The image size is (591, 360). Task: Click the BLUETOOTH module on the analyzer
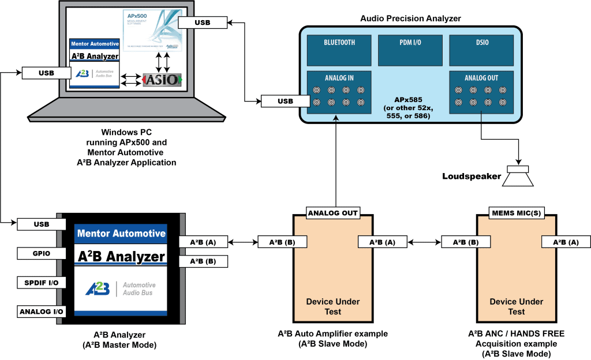coord(339,50)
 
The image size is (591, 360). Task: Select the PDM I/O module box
coord(410,50)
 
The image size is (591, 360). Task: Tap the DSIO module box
coord(481,50)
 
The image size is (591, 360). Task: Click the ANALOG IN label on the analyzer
coord(339,78)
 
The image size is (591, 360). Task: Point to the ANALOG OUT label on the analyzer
coord(481,78)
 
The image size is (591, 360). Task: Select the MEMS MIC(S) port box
coord(515,213)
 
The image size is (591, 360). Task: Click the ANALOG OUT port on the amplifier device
coord(333,213)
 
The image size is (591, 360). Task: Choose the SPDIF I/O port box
coord(42,282)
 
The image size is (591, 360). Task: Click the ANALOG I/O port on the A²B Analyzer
coord(42,312)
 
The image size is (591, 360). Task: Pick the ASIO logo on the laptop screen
coord(162,80)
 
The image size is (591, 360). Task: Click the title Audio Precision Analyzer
coord(410,18)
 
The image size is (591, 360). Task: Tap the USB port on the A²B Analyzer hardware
coord(42,224)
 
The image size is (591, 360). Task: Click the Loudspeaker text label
coord(471,177)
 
